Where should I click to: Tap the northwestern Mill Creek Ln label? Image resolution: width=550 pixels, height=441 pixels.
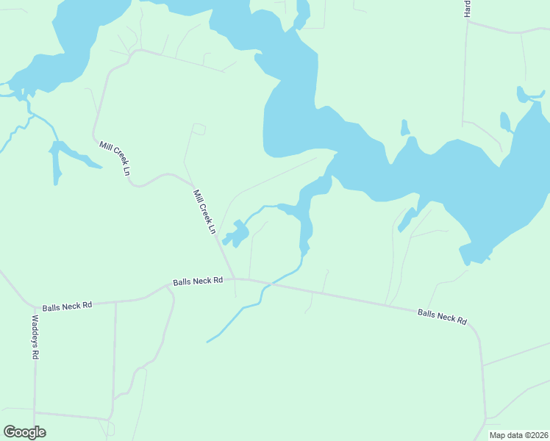pos(115,157)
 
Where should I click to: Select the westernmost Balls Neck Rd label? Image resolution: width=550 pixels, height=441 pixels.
pos(67,305)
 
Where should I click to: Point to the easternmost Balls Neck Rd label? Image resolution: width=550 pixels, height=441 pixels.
pos(443,317)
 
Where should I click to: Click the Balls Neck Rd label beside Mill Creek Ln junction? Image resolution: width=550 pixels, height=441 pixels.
pos(198,282)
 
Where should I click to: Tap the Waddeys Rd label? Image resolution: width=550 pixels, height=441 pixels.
pos(35,337)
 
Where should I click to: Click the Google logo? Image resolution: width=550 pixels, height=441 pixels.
pos(24,432)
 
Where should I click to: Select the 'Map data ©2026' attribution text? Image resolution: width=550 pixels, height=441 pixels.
pos(518,435)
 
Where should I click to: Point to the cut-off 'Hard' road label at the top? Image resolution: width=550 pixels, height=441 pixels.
pos(467,10)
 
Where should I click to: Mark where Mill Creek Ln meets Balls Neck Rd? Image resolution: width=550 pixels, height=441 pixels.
pos(234,279)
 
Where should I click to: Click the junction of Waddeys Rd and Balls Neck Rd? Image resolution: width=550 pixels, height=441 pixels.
pos(34,306)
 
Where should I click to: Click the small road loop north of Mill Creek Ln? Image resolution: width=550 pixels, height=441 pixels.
pos(199,129)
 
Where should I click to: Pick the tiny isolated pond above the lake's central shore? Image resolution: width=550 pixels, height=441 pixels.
pos(404,128)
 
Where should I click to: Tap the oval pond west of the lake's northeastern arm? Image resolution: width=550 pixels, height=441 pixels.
pos(505,121)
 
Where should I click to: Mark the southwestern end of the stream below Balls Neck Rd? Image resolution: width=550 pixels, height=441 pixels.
pos(208,342)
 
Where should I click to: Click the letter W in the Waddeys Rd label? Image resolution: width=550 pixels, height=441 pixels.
pos(35,320)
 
